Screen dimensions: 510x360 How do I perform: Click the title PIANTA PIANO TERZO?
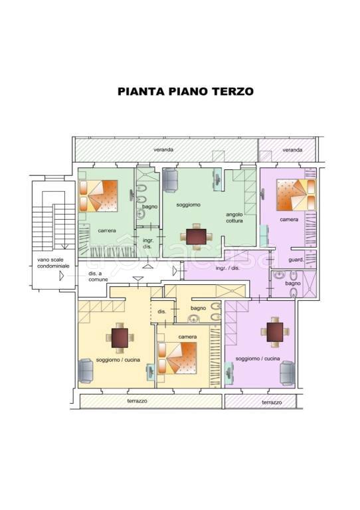[x=185, y=92]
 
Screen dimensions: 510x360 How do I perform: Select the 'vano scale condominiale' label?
[x=50, y=264]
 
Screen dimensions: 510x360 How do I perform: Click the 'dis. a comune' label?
[x=98, y=277]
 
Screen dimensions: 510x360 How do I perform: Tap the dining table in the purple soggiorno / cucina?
[x=275, y=333]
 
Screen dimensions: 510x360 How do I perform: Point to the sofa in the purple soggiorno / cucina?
[x=287, y=374]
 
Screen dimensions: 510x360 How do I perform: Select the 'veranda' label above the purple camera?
[x=292, y=150]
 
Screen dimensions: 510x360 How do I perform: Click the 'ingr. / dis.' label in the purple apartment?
[x=228, y=268]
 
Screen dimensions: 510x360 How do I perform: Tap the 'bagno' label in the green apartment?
[x=150, y=207]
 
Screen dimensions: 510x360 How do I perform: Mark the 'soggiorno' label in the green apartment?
[x=188, y=205]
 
